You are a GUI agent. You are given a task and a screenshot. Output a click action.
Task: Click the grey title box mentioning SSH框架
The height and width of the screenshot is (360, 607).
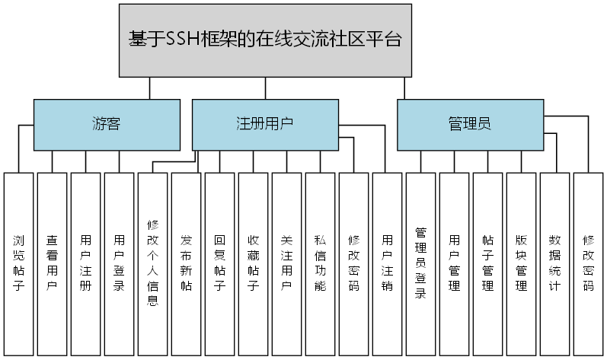(x=265, y=40)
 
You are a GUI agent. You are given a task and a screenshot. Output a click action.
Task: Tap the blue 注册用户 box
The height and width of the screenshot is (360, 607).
(x=265, y=124)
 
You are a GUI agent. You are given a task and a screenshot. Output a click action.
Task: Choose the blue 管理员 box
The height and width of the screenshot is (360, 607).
(x=470, y=124)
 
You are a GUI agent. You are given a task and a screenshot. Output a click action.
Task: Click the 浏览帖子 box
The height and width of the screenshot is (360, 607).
(x=19, y=263)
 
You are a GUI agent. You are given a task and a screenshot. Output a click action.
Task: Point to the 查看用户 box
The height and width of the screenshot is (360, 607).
(x=53, y=263)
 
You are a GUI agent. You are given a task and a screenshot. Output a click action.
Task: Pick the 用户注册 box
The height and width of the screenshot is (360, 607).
(x=86, y=263)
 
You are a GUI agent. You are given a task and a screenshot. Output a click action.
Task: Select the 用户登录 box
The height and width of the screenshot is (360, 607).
(x=120, y=263)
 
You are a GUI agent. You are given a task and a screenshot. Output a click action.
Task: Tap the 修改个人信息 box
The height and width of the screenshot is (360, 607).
(x=153, y=263)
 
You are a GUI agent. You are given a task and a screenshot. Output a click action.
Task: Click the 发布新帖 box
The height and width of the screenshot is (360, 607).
(x=187, y=263)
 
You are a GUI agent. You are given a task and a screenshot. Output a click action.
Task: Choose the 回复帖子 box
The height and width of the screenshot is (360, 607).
(x=220, y=263)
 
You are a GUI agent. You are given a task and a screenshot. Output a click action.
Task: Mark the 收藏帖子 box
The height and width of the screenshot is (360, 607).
(x=254, y=263)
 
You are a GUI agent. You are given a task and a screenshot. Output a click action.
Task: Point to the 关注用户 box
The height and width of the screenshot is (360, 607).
(x=287, y=263)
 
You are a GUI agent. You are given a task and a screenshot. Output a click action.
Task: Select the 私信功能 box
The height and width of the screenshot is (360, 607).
(x=321, y=263)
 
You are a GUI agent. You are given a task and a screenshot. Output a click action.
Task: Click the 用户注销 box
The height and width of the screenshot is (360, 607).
(x=388, y=263)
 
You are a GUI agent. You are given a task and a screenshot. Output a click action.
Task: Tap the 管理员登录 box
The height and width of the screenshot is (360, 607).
(x=421, y=263)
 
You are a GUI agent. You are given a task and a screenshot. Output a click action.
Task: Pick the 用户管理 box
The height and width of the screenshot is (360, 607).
(x=455, y=263)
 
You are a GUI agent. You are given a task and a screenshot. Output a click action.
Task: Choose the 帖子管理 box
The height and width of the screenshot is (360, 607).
(x=488, y=263)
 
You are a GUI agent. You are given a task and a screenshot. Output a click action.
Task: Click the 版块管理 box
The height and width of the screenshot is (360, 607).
(x=522, y=263)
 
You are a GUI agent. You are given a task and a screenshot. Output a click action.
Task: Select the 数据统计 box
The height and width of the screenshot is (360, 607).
(x=555, y=263)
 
